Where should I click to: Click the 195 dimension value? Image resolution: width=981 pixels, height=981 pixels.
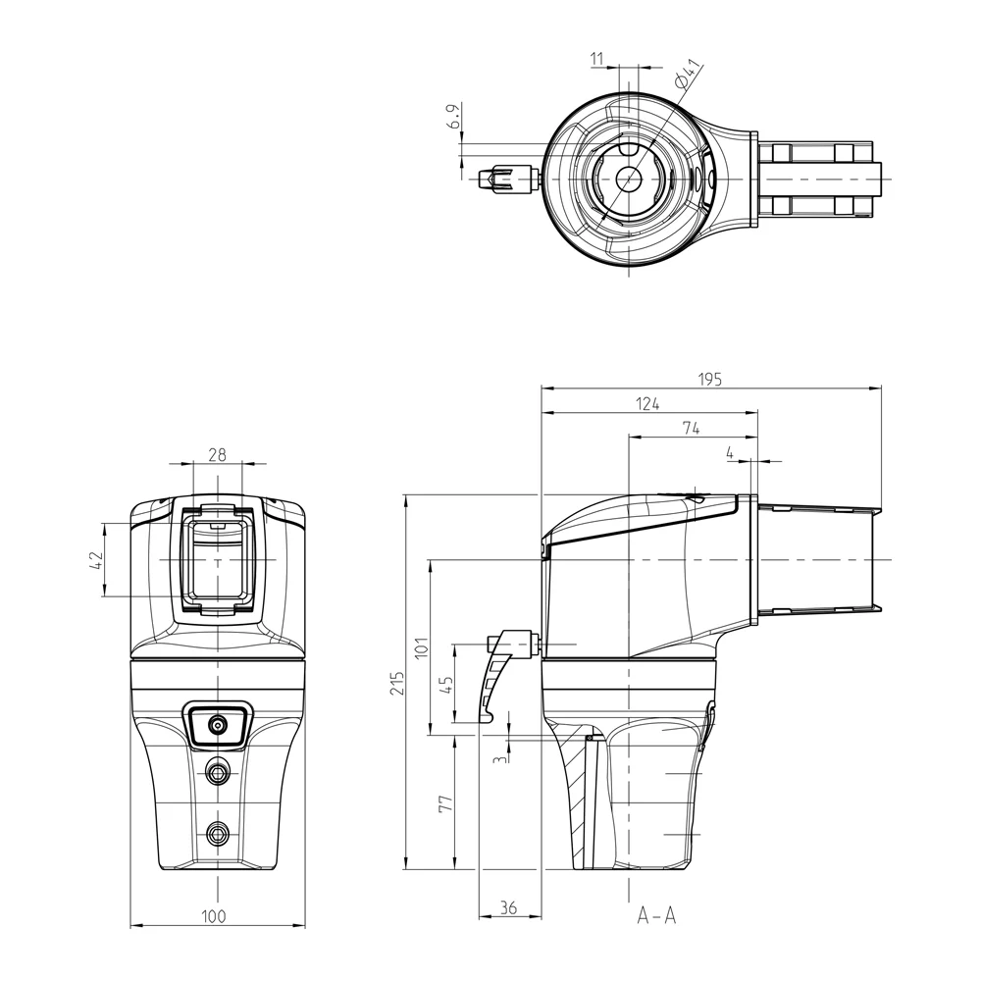click(710, 379)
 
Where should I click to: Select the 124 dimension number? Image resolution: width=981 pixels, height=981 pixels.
click(647, 404)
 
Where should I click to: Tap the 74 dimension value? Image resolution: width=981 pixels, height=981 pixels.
click(691, 429)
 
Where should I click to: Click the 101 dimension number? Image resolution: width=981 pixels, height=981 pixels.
click(421, 646)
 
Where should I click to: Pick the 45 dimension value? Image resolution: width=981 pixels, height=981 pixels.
click(446, 685)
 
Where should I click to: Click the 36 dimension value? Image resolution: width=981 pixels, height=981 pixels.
click(508, 907)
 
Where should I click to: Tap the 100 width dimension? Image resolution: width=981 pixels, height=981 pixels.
click(213, 916)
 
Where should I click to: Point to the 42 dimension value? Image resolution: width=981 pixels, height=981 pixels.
click(96, 560)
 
